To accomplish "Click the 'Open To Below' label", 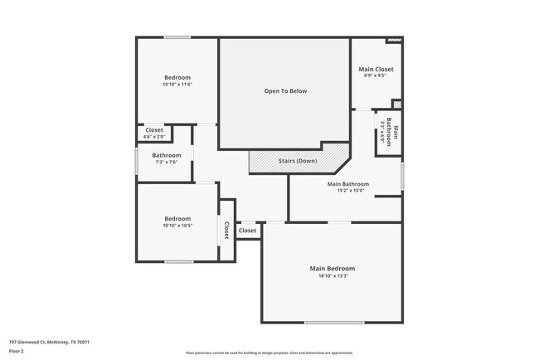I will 285,91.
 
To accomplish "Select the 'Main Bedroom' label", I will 333,269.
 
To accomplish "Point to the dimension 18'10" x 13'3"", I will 333,276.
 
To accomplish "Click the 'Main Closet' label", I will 376,69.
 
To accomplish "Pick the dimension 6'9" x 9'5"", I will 376,76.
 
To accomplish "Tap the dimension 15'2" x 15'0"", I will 347,191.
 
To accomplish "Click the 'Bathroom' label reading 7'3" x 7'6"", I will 166,155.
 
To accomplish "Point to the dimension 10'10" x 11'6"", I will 177,85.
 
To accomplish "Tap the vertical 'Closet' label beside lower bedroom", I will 226,229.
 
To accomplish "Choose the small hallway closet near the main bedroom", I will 247,231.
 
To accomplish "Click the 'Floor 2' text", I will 17,351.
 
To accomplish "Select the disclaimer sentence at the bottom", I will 269,353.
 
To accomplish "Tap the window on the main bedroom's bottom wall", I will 333,322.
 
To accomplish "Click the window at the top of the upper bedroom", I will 177,36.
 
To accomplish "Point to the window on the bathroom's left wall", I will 136,159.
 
